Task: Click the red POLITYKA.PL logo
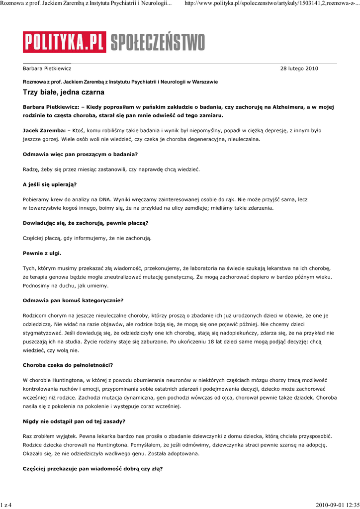pyautogui.click(x=64, y=42)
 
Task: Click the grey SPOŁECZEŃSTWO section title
pyautogui.click(x=157, y=42)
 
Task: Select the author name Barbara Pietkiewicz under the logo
pyautogui.click(x=47, y=69)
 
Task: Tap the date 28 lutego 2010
pyautogui.click(x=299, y=69)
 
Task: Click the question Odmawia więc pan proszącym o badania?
pyautogui.click(x=80, y=155)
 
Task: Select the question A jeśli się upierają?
pyautogui.click(x=49, y=184)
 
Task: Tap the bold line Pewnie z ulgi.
pyautogui.click(x=42, y=253)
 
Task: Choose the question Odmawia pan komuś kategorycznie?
pyautogui.click(x=73, y=300)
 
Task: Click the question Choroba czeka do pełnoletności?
pyautogui.click(x=68, y=365)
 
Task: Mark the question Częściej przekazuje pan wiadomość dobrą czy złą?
pyautogui.click(x=92, y=469)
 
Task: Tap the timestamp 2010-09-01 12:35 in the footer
pyautogui.click(x=337, y=505)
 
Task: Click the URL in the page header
pyautogui.click(x=271, y=4)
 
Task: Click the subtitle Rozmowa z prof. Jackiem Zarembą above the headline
pyautogui.click(x=120, y=82)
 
